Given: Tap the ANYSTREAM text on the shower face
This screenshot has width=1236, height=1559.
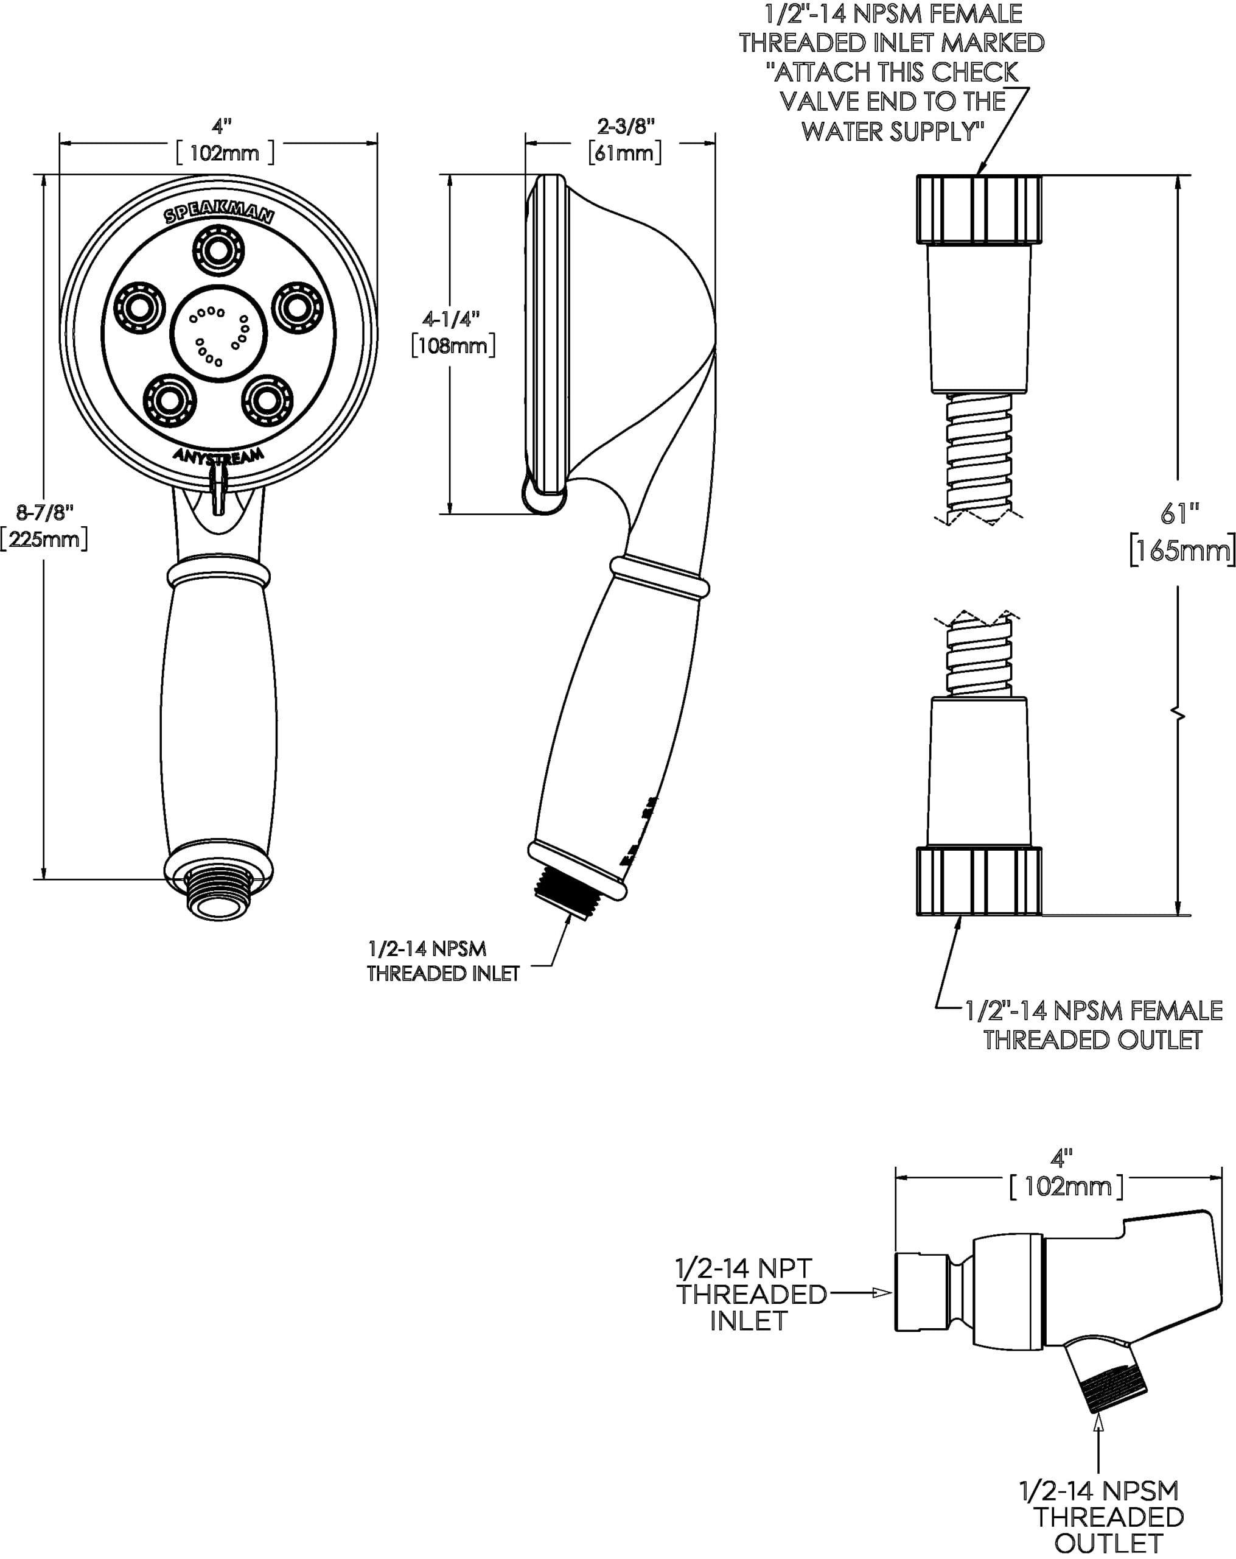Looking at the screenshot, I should click(x=218, y=456).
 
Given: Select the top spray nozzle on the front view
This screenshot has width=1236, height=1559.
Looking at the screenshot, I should click(x=218, y=250).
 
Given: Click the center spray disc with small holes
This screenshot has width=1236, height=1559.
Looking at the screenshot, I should click(x=218, y=333).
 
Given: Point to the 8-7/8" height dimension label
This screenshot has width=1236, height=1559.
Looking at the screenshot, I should click(x=45, y=513).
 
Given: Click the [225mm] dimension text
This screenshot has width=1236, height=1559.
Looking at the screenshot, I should click(x=45, y=540).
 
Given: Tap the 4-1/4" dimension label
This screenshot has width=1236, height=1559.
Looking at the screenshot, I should click(x=452, y=319).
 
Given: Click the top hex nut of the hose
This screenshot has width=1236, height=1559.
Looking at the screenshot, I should click(x=979, y=209).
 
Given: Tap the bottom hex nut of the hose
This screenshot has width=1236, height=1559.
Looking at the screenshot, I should click(x=979, y=881).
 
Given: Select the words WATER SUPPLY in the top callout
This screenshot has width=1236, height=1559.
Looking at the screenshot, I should click(x=893, y=132).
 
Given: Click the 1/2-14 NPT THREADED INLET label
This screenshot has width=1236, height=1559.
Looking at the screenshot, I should click(x=750, y=1294).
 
